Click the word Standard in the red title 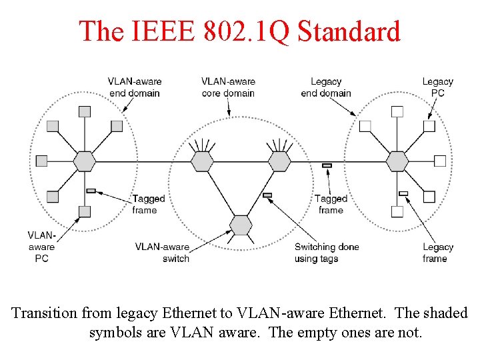pos(349,31)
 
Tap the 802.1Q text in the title pos(246,31)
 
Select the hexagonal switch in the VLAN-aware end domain pos(85,161)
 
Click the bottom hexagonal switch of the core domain pos(241,225)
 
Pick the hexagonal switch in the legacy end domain pos(397,161)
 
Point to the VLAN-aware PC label pos(41,247)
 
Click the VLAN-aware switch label pos(162,253)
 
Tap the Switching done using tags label pos(327,253)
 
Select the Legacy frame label pos(438,253)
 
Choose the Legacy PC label pos(438,87)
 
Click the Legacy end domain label pos(326,87)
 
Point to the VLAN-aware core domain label pos(228,87)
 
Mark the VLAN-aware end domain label pos(135,87)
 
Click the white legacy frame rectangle pos(403,193)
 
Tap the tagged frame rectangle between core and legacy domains pos(327,165)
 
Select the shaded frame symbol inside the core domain pos(267,195)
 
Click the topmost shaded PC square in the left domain pos(85,111)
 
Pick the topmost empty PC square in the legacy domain pos(397,111)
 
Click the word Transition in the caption pos(45,313)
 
